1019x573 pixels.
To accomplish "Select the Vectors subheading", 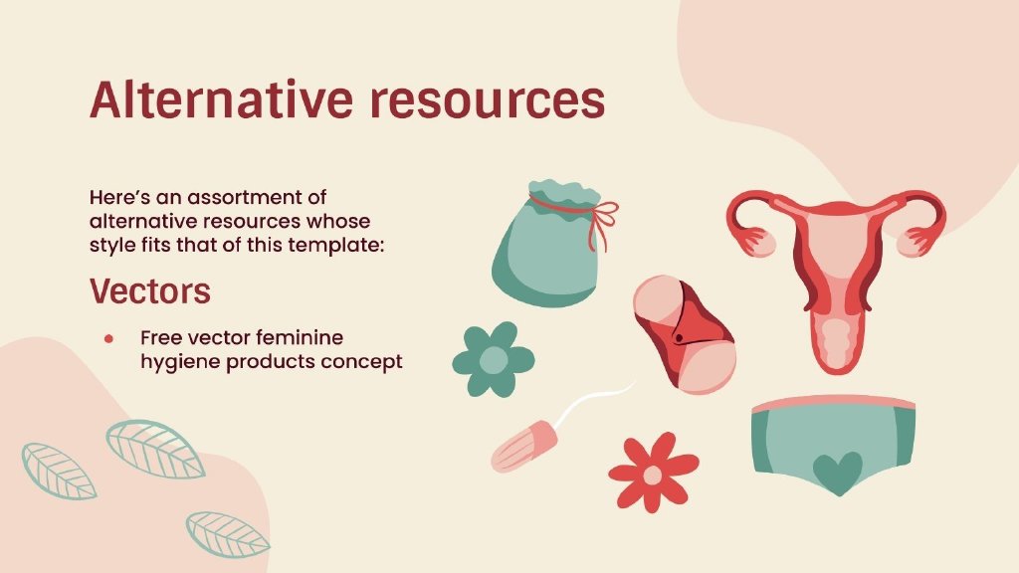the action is [x=150, y=290].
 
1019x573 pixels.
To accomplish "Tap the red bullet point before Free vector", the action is [x=108, y=338].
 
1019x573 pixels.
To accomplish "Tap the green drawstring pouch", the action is [x=547, y=245].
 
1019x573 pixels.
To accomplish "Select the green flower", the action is [x=494, y=359].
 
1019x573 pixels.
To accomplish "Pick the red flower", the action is [x=653, y=473].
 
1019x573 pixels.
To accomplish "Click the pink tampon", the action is [x=525, y=446].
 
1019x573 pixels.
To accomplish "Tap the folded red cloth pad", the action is [x=685, y=334].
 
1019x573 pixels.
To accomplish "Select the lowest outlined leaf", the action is [x=228, y=534].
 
